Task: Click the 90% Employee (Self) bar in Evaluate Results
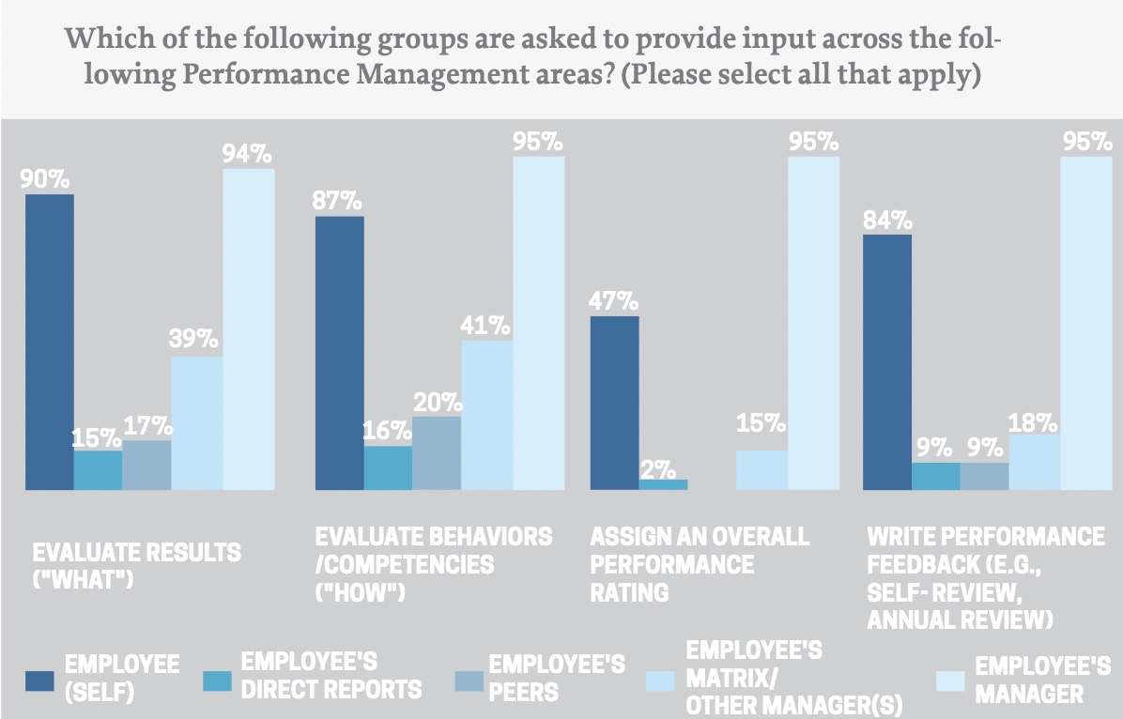point(49,342)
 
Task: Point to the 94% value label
point(248,152)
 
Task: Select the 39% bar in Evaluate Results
point(196,422)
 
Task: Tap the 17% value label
point(147,424)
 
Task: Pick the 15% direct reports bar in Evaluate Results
point(98,469)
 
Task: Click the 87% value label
point(339,200)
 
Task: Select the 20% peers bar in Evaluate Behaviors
point(437,452)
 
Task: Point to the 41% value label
point(485,326)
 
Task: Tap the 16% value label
point(387,431)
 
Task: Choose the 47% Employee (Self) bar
point(614,403)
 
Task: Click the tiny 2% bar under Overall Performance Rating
point(663,484)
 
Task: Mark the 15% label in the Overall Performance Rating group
point(761,423)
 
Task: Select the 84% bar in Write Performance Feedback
point(886,361)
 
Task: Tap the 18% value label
point(1033,422)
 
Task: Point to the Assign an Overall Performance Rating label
point(699,564)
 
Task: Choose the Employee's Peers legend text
point(556,678)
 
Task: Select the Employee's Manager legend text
point(1042,680)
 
